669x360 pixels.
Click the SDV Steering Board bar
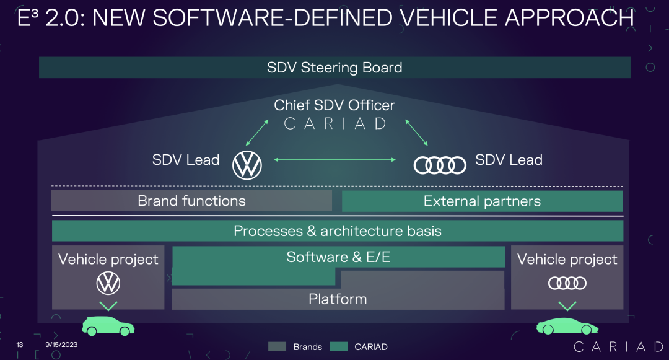(x=334, y=68)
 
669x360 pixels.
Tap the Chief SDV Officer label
(x=334, y=105)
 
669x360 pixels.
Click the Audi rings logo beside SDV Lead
(x=440, y=165)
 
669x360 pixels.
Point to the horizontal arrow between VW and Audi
(x=334, y=160)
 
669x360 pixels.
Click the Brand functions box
(x=191, y=201)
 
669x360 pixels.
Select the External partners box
(x=482, y=201)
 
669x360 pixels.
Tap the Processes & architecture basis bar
(x=338, y=231)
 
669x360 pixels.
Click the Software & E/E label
(x=338, y=257)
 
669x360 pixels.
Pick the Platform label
(x=338, y=299)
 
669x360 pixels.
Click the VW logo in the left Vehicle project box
(x=108, y=284)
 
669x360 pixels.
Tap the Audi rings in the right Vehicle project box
(x=567, y=283)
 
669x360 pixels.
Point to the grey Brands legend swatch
(x=277, y=347)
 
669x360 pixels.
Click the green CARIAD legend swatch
(x=339, y=347)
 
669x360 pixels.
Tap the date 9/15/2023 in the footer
(x=61, y=345)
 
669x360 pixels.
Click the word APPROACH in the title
(x=570, y=18)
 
